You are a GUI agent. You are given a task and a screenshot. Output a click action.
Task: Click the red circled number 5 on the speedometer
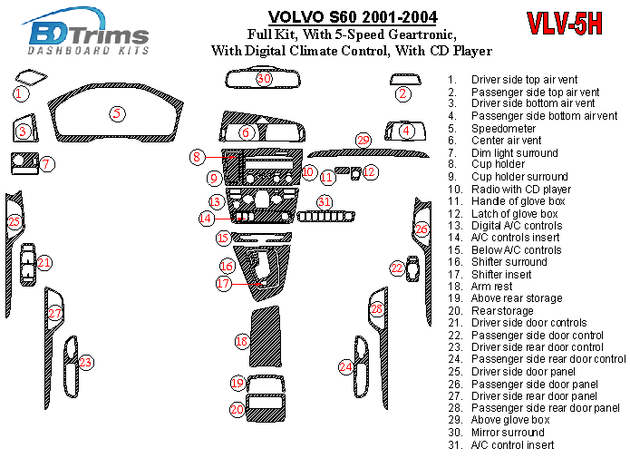tap(117, 113)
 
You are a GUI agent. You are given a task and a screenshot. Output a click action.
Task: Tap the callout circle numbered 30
tap(263, 79)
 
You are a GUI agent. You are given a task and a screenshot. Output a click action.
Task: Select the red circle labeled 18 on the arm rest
tap(241, 341)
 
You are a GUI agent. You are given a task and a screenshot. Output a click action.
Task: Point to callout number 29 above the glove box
tap(363, 140)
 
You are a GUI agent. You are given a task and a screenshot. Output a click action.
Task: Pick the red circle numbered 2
tap(403, 93)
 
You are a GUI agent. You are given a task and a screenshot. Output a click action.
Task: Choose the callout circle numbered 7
tap(46, 164)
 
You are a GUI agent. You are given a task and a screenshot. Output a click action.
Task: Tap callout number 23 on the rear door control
tap(85, 363)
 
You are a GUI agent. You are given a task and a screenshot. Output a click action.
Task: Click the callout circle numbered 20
tap(237, 410)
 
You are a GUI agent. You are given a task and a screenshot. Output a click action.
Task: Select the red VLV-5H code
tap(563, 25)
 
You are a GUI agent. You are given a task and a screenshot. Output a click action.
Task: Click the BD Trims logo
tap(88, 35)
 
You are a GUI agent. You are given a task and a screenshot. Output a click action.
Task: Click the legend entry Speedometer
tap(503, 129)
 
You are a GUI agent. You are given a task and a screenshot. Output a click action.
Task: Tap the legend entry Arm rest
tap(491, 287)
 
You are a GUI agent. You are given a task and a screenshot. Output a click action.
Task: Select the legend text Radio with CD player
tap(520, 190)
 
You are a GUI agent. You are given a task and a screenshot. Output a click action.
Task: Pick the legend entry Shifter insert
tap(501, 274)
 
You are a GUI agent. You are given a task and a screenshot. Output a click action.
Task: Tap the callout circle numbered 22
tap(397, 268)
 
